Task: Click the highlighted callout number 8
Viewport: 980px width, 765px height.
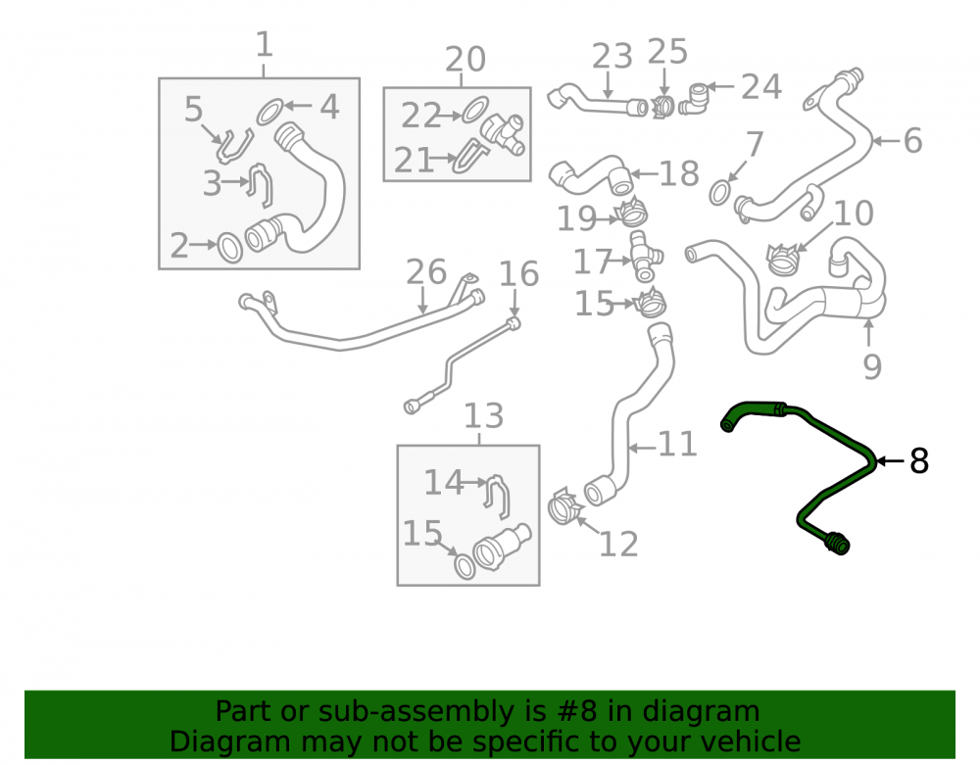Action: coord(919,461)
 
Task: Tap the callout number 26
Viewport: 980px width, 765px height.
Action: coord(426,272)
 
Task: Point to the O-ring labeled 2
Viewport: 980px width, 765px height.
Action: coord(229,248)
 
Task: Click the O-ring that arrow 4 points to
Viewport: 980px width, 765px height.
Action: coord(270,111)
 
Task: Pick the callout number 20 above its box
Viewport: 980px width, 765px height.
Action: coord(465,60)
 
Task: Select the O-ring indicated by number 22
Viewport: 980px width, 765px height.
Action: coord(475,110)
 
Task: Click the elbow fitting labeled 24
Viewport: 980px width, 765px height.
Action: coord(694,99)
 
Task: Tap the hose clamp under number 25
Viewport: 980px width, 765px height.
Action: coord(662,108)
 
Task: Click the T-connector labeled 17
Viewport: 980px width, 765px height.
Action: coord(645,257)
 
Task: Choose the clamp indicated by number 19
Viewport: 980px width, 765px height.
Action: coord(632,213)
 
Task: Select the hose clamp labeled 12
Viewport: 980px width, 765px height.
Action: coord(565,506)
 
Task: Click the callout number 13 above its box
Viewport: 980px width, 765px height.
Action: coord(483,415)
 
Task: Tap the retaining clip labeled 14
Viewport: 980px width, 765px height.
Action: coord(498,496)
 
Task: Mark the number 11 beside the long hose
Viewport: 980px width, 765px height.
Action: coord(677,445)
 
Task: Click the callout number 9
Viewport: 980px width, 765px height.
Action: coord(872,366)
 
